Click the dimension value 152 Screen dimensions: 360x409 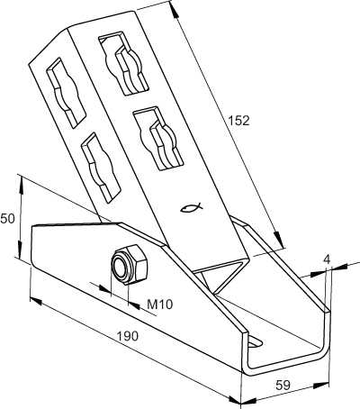[x=238, y=121]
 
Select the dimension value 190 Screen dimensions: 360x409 [x=128, y=336]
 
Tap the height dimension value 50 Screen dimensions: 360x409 [x=7, y=219]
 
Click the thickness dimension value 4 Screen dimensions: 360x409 [x=327, y=259]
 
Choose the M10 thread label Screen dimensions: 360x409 [x=160, y=304]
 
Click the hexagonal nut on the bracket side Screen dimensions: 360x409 [x=130, y=265]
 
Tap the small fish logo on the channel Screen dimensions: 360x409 [x=192, y=207]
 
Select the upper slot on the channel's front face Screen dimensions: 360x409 [x=123, y=63]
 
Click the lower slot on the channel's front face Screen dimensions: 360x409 [x=158, y=139]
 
